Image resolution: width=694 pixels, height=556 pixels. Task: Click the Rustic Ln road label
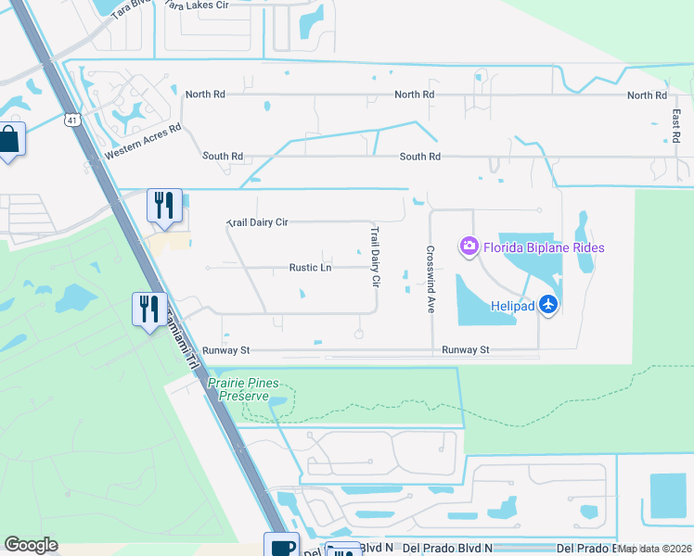coord(310,268)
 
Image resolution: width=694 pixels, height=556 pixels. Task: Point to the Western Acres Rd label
coord(142,142)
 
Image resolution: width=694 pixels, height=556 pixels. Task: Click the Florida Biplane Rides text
coord(544,247)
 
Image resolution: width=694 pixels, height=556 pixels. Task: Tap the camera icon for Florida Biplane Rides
coord(469,246)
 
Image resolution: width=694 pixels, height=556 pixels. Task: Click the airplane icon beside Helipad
coord(548,303)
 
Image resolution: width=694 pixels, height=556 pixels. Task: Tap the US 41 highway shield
coord(73,120)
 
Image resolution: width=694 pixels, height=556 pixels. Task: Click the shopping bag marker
coord(9,141)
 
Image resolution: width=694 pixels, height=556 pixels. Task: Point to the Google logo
coord(31,545)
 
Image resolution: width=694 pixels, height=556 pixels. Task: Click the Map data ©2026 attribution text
coord(655,549)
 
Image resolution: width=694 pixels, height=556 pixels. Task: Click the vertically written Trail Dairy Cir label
coord(376,256)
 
